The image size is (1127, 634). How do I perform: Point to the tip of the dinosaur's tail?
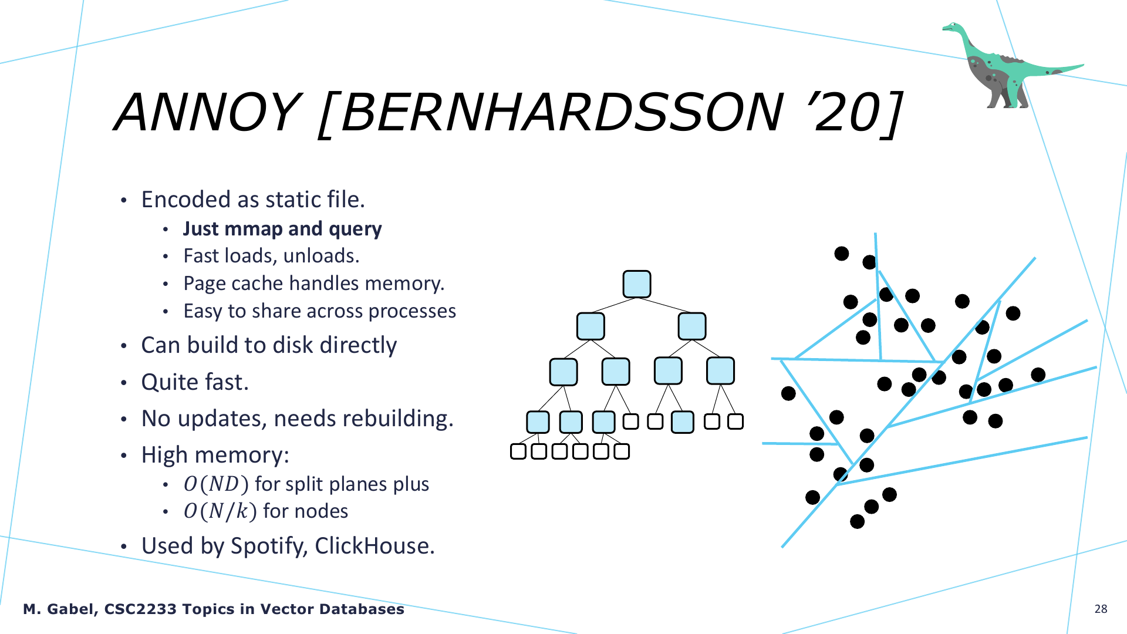click(x=1084, y=65)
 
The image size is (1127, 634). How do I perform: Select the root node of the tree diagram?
click(x=637, y=284)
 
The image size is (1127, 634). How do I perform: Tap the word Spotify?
click(x=269, y=546)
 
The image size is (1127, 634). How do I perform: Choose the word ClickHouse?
click(x=374, y=546)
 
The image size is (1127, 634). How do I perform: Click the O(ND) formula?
click(x=216, y=484)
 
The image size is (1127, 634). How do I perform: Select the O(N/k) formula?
click(x=220, y=511)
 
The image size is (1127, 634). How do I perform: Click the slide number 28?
click(x=1101, y=609)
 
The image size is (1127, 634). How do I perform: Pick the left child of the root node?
click(x=591, y=326)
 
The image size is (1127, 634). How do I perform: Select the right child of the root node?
click(x=692, y=326)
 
